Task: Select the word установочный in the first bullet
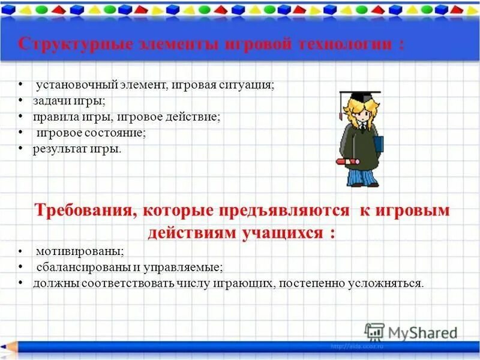tap(71, 85)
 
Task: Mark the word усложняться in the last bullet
tap(393, 283)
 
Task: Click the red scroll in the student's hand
tap(346, 162)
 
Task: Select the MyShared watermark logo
tap(411, 332)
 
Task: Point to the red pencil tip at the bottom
tap(7, 346)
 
